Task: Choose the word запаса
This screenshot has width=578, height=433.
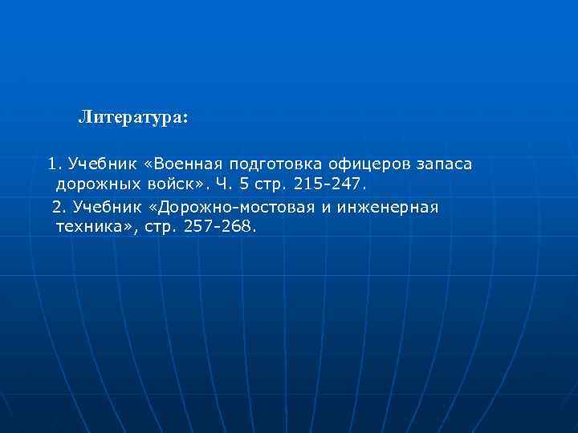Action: pyautogui.click(x=445, y=164)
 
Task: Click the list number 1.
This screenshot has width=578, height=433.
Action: pyautogui.click(x=53, y=164)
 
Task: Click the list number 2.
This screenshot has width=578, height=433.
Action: pyautogui.click(x=58, y=207)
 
